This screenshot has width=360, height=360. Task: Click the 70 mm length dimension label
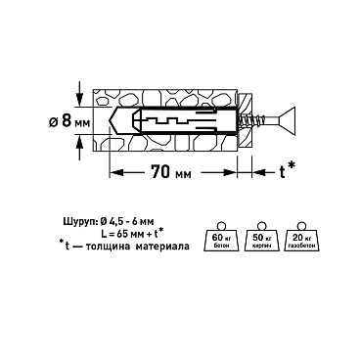tap(171, 172)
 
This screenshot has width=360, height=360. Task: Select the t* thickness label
tap(288, 170)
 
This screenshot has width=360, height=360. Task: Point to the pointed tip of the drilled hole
tap(109, 120)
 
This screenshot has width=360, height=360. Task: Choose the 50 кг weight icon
tap(260, 237)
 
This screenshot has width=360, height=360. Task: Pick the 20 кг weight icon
tap(300, 237)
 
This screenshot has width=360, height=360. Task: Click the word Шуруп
tap(80, 222)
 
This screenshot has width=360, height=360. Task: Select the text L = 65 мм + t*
tap(130, 234)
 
